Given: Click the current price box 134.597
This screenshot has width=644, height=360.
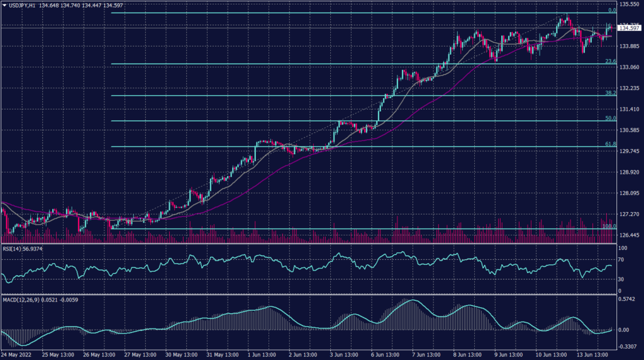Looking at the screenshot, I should [630, 28].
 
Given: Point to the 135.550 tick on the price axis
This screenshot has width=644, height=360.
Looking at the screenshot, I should [630, 4].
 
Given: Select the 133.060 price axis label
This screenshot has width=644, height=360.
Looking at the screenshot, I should [630, 67].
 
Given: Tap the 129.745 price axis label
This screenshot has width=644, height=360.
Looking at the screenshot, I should [630, 151].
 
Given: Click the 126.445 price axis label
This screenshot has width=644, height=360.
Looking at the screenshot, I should [630, 235].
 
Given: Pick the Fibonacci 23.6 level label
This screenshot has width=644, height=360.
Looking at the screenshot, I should [609, 61].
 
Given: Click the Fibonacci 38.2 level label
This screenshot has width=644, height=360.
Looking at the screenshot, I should [609, 93].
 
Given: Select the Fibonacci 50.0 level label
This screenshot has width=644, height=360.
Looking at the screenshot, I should [609, 118].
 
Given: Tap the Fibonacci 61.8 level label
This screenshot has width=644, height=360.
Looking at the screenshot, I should [609, 144].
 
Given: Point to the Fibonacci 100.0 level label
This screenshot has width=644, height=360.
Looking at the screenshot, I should [608, 226].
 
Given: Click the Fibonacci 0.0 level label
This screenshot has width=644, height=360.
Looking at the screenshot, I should [611, 11].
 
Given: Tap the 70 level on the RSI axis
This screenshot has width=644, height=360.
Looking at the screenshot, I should [621, 259].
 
